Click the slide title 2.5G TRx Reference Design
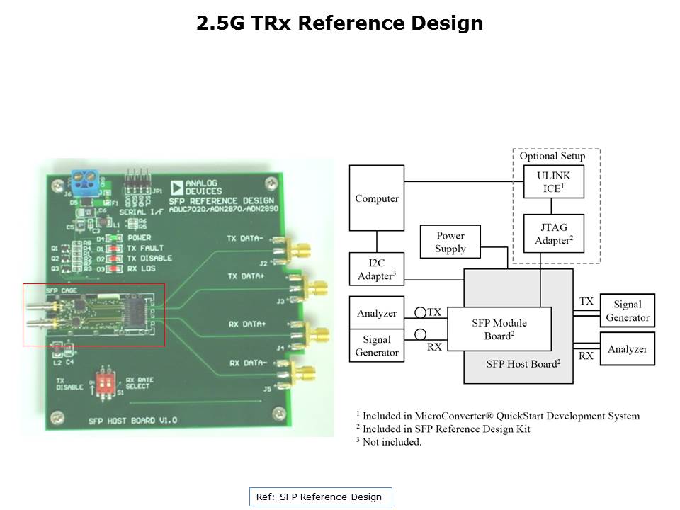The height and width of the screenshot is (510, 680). (x=340, y=23)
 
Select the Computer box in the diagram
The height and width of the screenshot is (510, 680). (x=376, y=198)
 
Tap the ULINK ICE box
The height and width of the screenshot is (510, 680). (x=553, y=181)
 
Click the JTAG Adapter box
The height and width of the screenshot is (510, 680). (x=553, y=233)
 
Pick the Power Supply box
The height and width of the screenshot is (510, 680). (x=450, y=242)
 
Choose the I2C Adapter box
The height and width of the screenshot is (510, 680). (x=376, y=269)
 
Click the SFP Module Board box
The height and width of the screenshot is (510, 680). (x=499, y=329)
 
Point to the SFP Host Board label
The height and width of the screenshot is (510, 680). (x=523, y=363)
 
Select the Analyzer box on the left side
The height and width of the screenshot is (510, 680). (x=376, y=312)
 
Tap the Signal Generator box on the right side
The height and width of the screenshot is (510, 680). (x=627, y=311)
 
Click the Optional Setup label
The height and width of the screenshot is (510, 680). (x=552, y=156)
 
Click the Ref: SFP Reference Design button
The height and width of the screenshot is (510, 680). (x=320, y=497)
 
